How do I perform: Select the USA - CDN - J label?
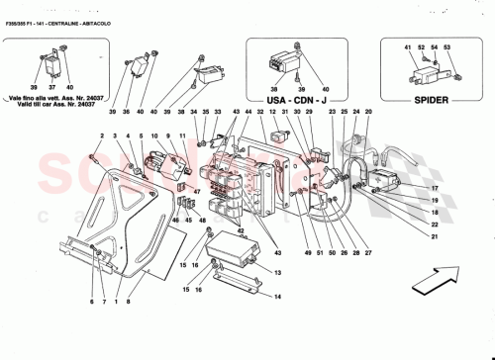pyautogui.click(x=295, y=100)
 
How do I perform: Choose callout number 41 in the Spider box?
pyautogui.click(x=407, y=46)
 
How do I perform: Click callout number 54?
pyautogui.click(x=435, y=46)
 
